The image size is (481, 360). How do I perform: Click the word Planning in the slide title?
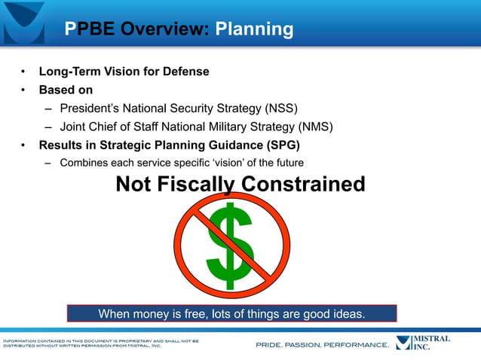[254, 29]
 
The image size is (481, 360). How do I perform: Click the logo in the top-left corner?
[23, 21]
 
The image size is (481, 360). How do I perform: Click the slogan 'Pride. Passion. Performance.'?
[322, 345]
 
